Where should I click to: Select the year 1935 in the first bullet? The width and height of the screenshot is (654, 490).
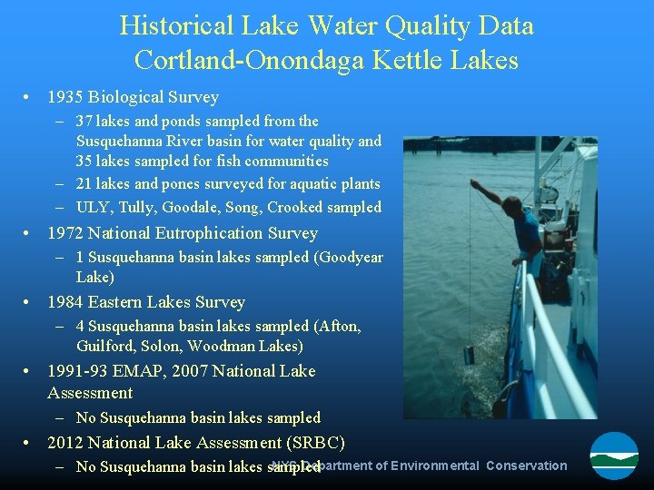pos(65,97)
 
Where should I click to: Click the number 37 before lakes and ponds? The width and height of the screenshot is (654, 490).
pos(85,121)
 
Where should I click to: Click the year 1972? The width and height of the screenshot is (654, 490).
pos(65,233)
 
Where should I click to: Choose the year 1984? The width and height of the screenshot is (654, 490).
pos(65,302)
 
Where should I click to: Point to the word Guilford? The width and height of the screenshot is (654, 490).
pos(104,346)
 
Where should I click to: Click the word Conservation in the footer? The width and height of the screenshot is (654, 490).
pos(526,465)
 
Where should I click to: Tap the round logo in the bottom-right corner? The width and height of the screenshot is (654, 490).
pos(614,456)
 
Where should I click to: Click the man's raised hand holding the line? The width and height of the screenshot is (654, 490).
pos(475,183)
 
